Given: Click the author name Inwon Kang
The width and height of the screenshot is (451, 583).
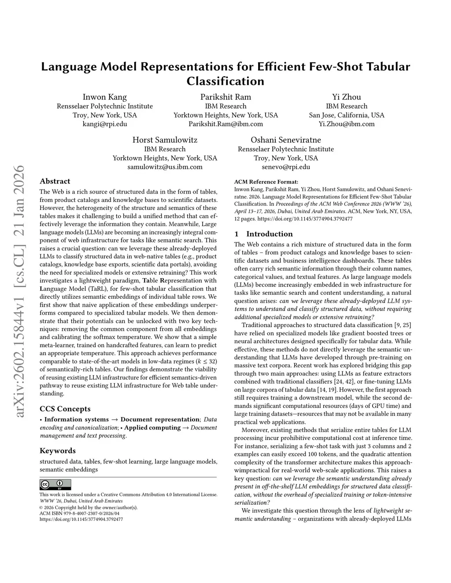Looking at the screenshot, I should [105, 97].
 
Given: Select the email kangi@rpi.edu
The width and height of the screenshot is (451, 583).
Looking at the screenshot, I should [105, 124].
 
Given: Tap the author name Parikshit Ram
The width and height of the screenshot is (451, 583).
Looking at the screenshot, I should [225, 97].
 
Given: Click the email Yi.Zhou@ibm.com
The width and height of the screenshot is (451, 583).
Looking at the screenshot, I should [347, 124].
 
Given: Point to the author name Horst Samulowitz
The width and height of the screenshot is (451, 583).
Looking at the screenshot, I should [165, 140].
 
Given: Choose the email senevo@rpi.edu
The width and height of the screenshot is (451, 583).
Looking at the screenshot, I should [286, 167].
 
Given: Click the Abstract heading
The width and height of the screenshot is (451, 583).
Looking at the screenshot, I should [55, 181].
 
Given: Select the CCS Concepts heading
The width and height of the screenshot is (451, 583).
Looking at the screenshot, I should [65, 409].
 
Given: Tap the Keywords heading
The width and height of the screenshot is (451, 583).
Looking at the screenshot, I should [58, 451].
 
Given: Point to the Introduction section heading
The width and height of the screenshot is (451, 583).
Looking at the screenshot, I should [269, 234].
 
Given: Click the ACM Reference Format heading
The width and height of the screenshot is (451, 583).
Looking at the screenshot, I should [266, 182].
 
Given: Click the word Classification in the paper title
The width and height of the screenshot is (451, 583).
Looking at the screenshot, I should [225, 81].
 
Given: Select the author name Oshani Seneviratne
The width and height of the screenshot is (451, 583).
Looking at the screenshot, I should [286, 140].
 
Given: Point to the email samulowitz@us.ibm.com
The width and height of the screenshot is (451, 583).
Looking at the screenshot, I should [165, 167].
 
